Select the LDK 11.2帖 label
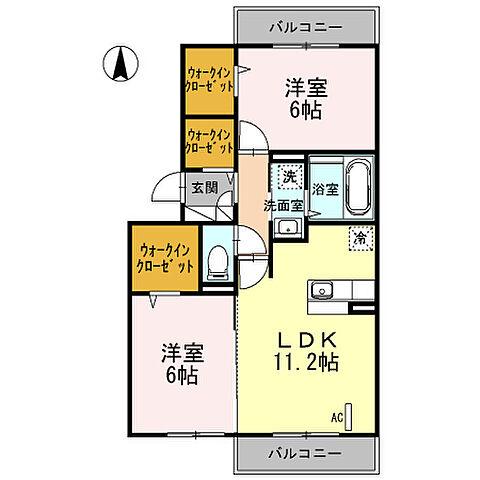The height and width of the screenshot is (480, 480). point(304,349)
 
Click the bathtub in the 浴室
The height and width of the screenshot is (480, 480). point(358,189)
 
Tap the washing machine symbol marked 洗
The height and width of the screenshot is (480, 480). point(289,177)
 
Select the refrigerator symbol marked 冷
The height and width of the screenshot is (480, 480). point(360,238)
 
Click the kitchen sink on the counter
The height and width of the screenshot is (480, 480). point(322,291)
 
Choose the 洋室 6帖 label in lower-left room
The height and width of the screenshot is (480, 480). point(181,365)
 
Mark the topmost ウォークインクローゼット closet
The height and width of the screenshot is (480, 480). point(209,81)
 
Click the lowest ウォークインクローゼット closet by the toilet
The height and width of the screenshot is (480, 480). point(166,259)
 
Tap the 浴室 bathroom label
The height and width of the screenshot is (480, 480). point(325,189)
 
